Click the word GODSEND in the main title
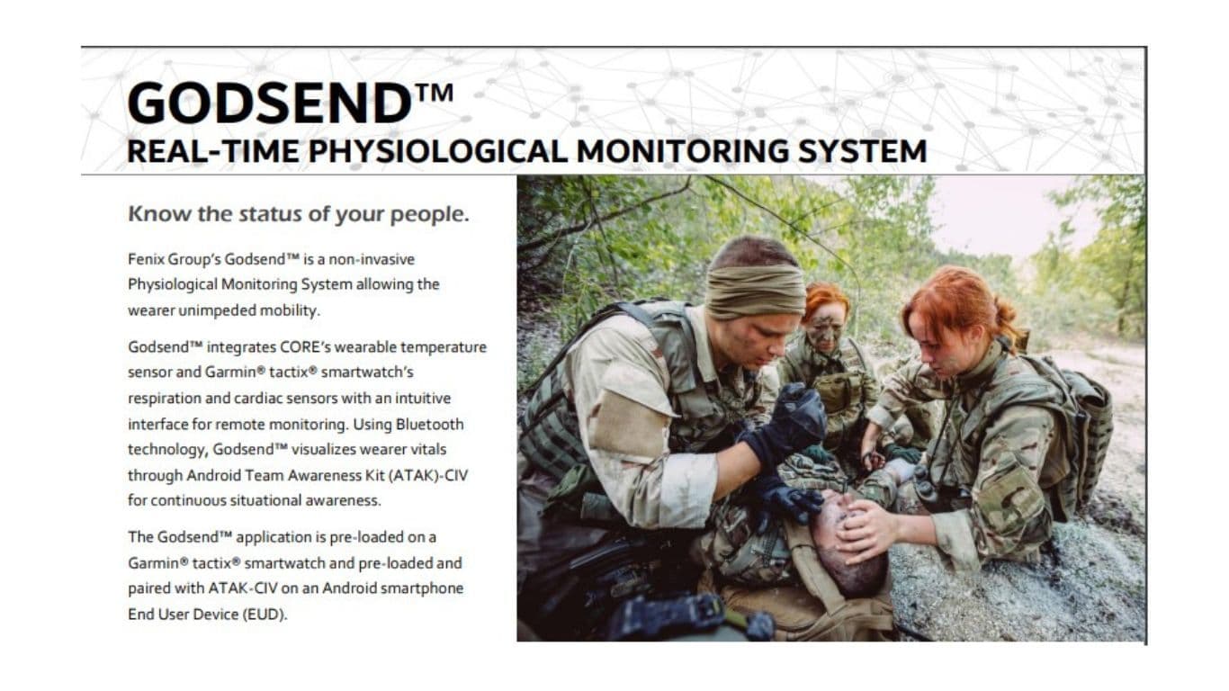point(269,103)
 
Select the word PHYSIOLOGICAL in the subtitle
point(438,151)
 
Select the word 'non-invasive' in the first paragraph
point(372,259)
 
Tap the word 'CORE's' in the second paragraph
point(310,347)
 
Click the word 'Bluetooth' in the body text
point(429,425)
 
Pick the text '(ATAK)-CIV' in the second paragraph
point(428,475)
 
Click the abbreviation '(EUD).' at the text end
point(265,615)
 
